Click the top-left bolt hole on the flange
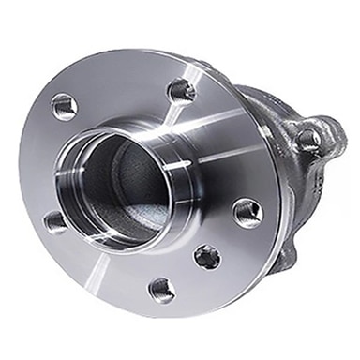click(x=64, y=106)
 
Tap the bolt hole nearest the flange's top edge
click(x=180, y=90)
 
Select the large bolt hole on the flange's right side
click(x=247, y=213)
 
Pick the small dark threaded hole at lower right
click(x=207, y=256)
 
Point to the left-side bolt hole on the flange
click(x=56, y=222)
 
